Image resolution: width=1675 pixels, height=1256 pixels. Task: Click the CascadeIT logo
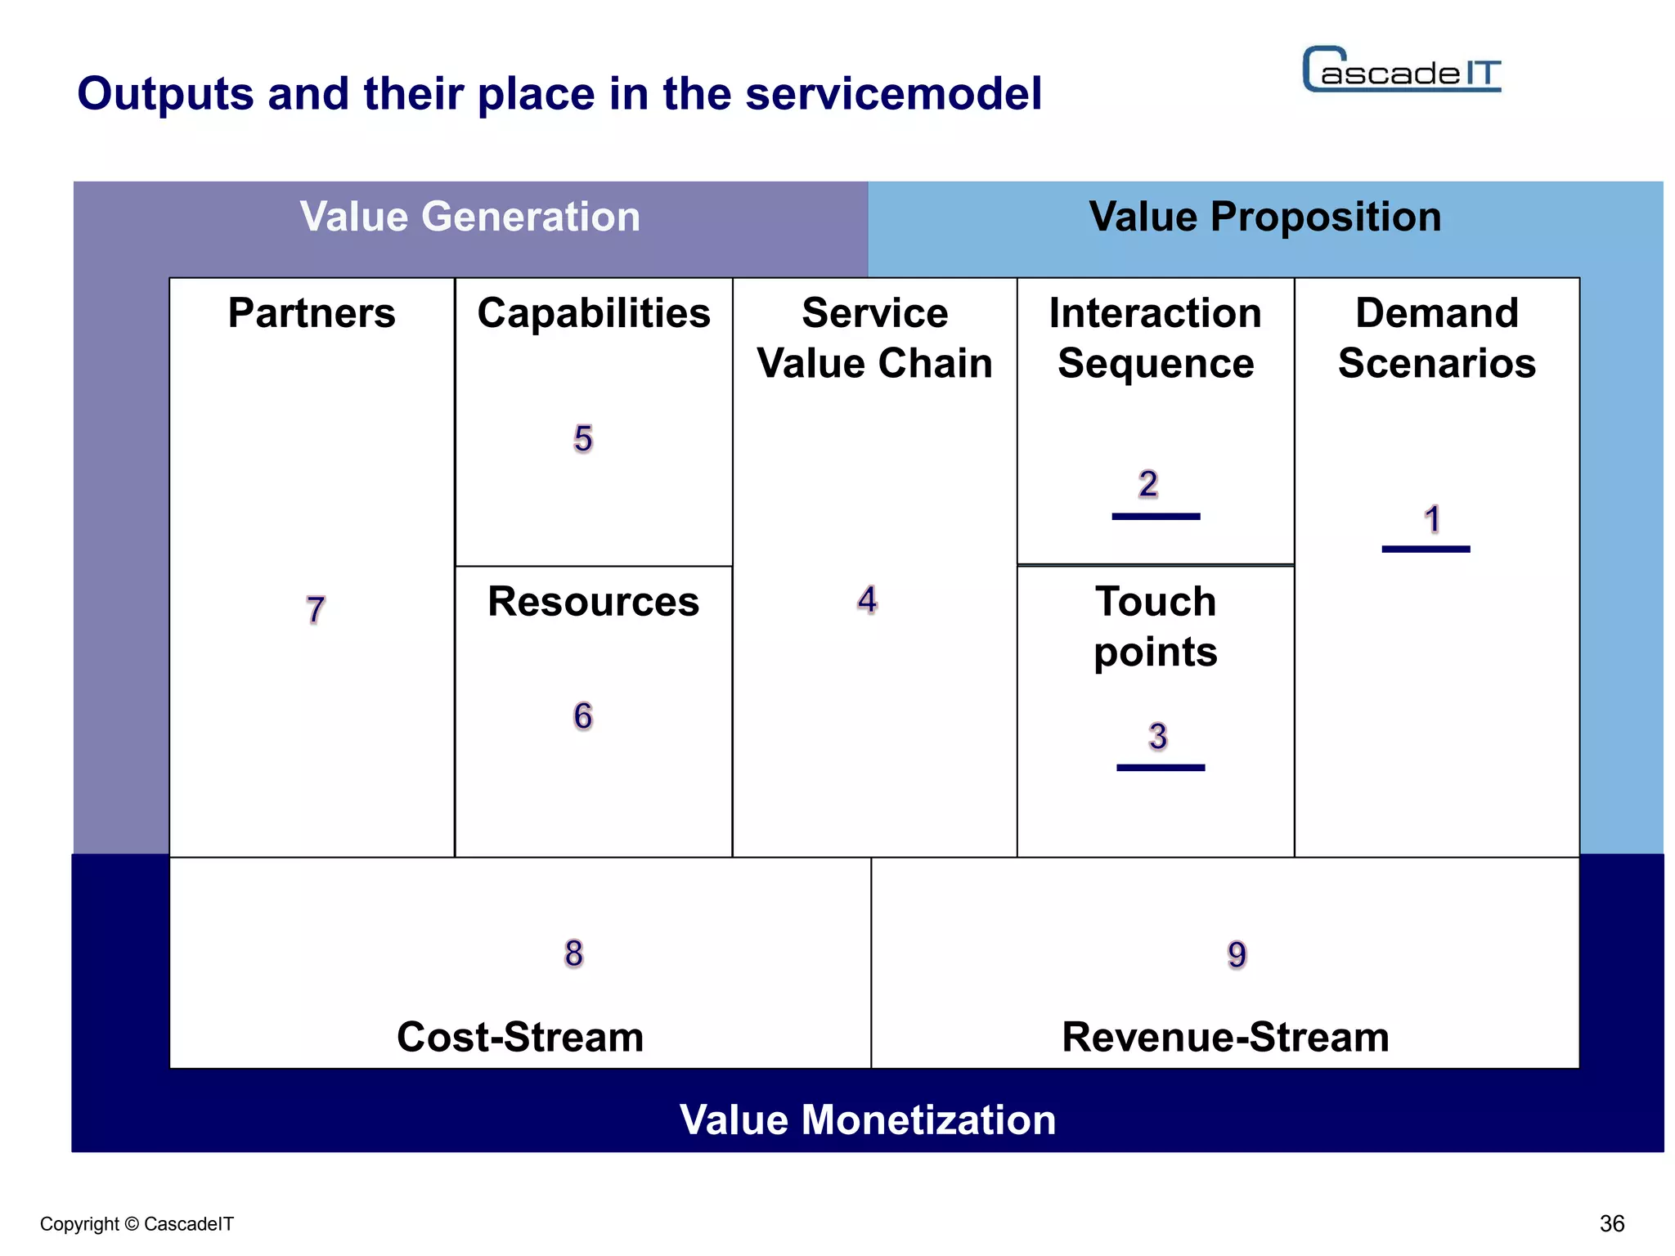[x=1401, y=70]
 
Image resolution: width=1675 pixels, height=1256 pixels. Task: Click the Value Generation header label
[x=469, y=217]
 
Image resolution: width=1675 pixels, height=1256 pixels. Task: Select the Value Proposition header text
[x=1264, y=217]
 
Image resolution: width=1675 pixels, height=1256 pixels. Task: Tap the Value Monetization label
[x=867, y=1119]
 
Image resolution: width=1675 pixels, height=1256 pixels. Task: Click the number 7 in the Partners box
[x=316, y=610]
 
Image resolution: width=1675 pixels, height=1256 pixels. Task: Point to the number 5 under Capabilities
[x=582, y=439]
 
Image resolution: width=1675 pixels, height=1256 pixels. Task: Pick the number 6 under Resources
[x=582, y=716]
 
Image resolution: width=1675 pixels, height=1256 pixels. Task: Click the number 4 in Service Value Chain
[x=867, y=599]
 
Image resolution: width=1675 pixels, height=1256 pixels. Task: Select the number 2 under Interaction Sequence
[x=1148, y=484]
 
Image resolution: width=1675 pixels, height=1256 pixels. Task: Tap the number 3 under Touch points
[x=1157, y=736]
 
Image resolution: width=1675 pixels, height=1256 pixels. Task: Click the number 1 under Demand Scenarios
[x=1431, y=519]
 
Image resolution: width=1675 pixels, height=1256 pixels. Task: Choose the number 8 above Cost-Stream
[x=573, y=953]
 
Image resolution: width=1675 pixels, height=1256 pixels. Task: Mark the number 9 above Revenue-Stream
[x=1237, y=954]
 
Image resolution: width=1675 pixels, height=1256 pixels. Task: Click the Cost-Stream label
[x=520, y=1037]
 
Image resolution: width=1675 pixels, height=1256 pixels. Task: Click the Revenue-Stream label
[x=1225, y=1037]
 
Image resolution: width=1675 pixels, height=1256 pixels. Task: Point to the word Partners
[x=311, y=313]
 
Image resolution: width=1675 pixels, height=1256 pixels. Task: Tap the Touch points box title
[x=1155, y=626]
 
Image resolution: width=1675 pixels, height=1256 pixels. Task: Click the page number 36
[x=1611, y=1223]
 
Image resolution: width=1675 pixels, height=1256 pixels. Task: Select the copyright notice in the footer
[x=137, y=1224]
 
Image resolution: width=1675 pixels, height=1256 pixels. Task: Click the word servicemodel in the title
[x=893, y=93]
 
